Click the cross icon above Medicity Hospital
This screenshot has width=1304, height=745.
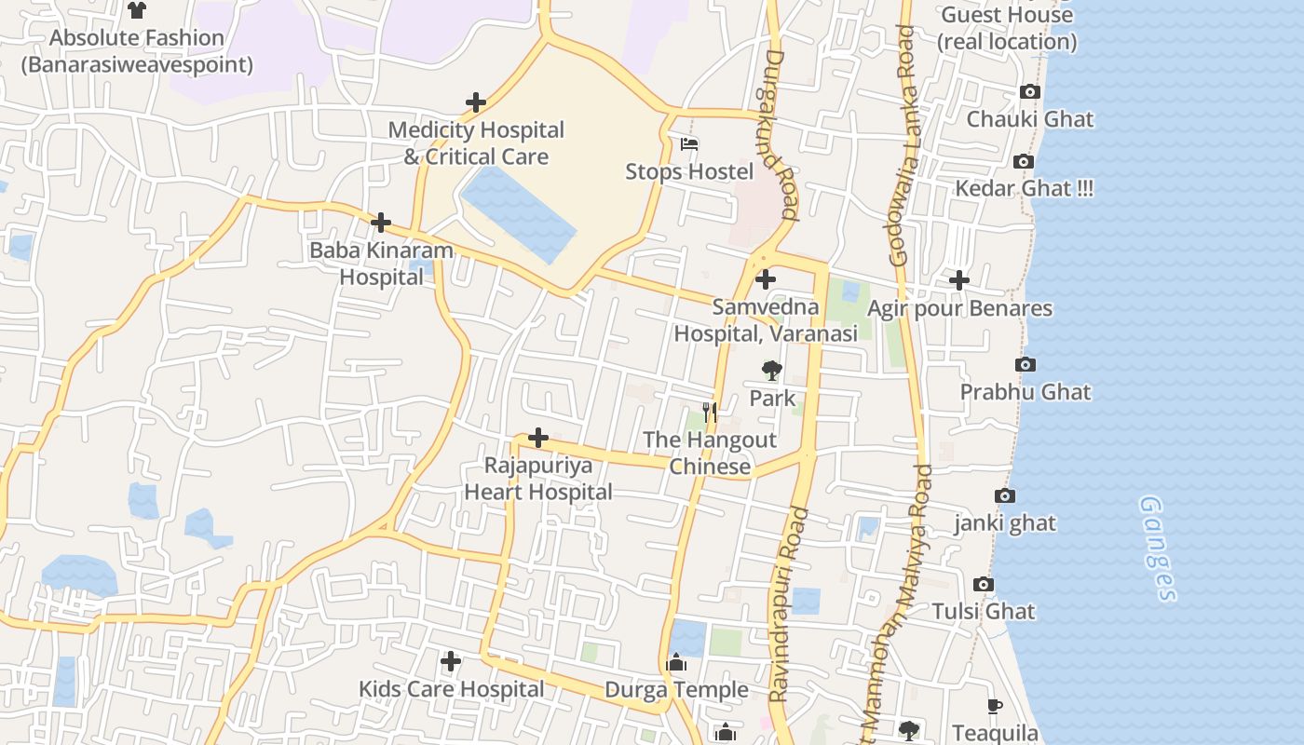click(476, 102)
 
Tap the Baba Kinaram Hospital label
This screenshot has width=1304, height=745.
click(381, 264)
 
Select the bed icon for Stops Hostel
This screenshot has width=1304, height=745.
click(689, 144)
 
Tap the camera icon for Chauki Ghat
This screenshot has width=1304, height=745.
click(1029, 91)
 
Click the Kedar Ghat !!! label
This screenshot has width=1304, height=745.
click(1024, 188)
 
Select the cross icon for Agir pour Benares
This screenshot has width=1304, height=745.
click(958, 280)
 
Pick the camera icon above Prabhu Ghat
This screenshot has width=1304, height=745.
click(1025, 364)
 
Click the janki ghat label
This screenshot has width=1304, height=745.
click(1005, 523)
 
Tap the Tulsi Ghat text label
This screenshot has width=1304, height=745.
click(984, 612)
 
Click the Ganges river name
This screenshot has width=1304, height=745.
click(1158, 549)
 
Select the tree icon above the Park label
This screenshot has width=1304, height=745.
click(771, 371)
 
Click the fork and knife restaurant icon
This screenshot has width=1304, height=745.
click(710, 413)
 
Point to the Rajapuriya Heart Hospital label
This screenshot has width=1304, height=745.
click(538, 479)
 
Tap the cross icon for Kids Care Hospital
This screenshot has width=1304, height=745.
click(451, 662)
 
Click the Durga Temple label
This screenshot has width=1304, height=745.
click(676, 690)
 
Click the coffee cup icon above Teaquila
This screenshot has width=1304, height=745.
click(994, 706)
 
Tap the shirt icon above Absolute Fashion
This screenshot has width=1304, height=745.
click(137, 10)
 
